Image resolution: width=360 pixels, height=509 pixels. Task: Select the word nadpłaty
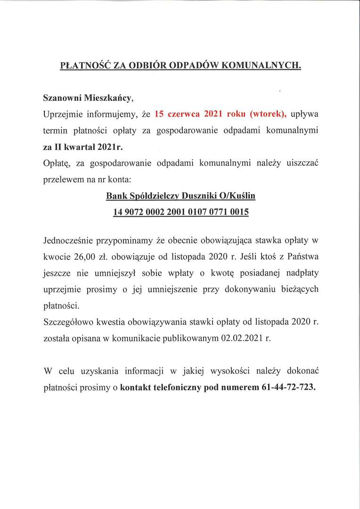pyautogui.click(x=299, y=273)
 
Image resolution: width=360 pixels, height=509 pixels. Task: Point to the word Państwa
pyautogui.click(x=302, y=257)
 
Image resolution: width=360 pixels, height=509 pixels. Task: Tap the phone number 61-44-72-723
pyautogui.click(x=288, y=387)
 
